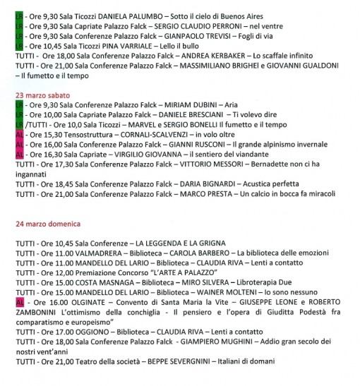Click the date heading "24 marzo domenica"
pyautogui.click(x=47, y=224)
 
